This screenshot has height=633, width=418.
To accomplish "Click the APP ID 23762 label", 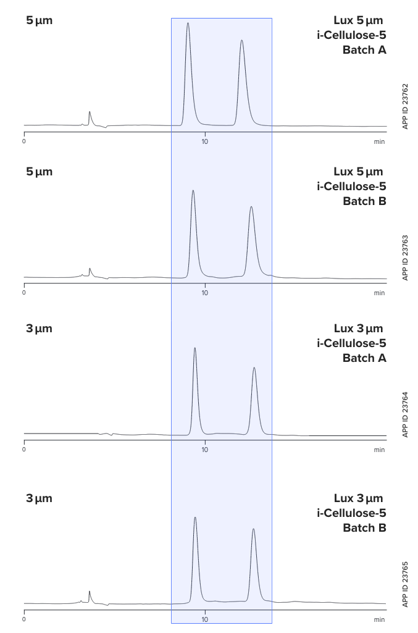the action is (405, 107).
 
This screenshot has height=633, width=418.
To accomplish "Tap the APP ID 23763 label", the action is (405, 258).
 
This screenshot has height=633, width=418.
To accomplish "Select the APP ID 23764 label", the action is (405, 414).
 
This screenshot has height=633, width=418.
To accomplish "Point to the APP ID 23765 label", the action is (405, 584).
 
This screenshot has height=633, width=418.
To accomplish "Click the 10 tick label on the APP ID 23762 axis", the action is (205, 141).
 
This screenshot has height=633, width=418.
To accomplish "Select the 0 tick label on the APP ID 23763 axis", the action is (24, 293).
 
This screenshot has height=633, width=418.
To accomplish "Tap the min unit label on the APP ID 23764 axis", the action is (379, 450).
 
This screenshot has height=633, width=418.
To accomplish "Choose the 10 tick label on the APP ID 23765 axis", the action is (205, 619).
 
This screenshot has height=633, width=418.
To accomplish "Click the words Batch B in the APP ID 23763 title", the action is (365, 201).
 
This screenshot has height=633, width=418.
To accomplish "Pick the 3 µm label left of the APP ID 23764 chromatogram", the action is (39, 329).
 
